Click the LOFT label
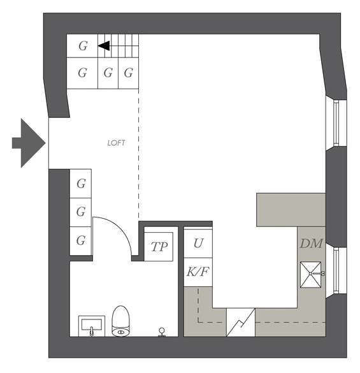116,143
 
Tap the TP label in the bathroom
159,247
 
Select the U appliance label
198,243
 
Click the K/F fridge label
198,272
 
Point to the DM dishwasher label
311,244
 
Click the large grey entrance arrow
29,143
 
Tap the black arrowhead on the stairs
104,46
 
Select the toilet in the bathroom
121,321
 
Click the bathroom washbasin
92,326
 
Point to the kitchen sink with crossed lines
310,275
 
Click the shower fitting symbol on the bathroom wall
162,332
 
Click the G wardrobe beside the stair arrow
82,46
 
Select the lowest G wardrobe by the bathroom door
80,241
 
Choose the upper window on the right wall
336,123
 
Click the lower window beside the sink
336,270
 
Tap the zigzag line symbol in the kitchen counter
241,323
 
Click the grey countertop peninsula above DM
291,210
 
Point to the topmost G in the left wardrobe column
80,184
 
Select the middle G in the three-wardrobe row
108,73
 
